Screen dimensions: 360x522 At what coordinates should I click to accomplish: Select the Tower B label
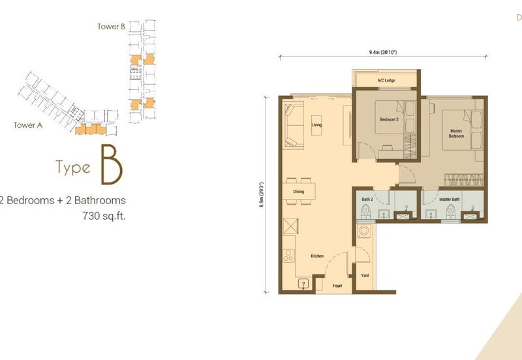[x=110, y=27]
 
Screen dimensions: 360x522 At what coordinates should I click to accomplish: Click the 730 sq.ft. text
[x=100, y=215]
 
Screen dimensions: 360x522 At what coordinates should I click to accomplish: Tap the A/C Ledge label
[x=386, y=81]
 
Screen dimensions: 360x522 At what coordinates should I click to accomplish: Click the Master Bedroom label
[x=456, y=133]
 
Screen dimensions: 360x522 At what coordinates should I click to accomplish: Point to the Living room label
[x=316, y=125]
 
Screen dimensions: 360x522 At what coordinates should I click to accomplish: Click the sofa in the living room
[x=291, y=125]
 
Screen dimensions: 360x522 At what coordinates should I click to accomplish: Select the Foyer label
[x=337, y=286]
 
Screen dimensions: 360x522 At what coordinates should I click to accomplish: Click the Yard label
[x=365, y=275]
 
